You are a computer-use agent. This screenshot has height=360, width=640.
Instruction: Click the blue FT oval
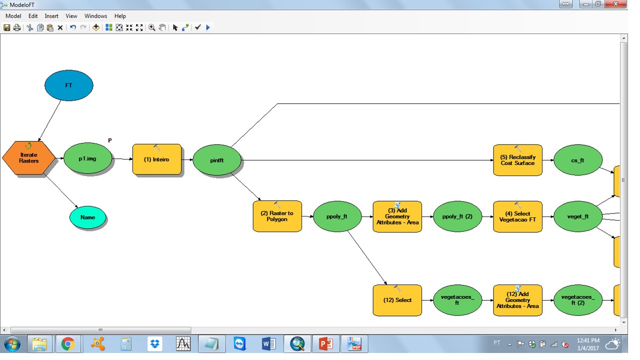point(68,85)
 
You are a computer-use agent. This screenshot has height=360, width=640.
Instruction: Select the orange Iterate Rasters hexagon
point(28,158)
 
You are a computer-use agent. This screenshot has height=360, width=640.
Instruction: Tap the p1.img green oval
point(87,159)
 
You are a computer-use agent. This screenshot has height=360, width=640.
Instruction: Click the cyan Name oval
point(87,217)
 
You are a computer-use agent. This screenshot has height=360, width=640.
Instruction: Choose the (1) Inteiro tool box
point(156,159)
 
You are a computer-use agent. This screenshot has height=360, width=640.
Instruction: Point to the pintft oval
point(216,160)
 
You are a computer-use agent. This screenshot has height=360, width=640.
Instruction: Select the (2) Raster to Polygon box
point(277,216)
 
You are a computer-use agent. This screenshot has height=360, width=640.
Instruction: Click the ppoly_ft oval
point(336,216)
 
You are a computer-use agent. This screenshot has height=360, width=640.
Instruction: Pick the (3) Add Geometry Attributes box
point(397,216)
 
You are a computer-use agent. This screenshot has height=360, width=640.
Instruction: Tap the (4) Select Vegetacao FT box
point(517,216)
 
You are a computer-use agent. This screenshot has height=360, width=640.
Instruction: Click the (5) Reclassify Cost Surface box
point(517,160)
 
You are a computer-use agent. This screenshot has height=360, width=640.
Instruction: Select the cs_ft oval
point(577,160)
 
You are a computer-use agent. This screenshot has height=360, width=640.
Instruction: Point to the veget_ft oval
point(577,216)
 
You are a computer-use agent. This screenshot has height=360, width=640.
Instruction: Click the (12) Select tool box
point(397,300)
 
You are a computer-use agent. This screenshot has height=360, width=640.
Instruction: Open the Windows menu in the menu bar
point(95,16)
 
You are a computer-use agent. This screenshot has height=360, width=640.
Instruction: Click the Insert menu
point(51,16)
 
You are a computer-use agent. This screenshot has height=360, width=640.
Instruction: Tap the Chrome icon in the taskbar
point(67,344)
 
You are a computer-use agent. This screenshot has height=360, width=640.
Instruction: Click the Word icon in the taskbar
point(268,344)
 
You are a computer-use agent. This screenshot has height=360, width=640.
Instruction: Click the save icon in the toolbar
point(6,27)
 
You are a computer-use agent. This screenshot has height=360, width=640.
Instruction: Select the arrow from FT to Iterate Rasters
point(50,120)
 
